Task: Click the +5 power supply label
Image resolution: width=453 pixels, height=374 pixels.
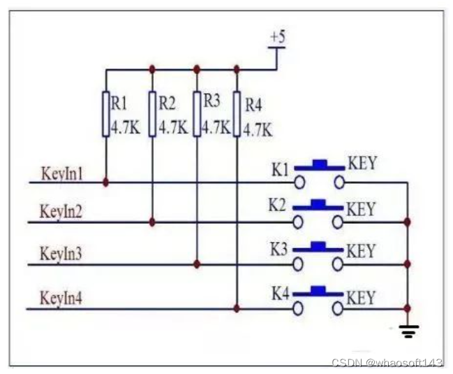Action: click(x=278, y=38)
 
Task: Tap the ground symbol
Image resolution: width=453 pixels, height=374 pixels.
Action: click(x=409, y=331)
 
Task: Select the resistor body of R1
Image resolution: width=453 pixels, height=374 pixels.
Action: click(x=106, y=114)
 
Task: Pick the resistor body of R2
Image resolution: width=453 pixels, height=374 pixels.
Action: click(x=152, y=114)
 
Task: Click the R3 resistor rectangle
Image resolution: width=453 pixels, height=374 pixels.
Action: click(x=197, y=114)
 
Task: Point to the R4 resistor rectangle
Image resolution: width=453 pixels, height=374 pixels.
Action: click(x=237, y=114)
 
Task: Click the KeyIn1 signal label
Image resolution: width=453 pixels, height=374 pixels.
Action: click(x=62, y=174)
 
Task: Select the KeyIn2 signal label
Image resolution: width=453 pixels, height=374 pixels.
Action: click(x=61, y=211)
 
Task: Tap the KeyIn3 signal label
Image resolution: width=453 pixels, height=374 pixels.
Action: click(x=61, y=254)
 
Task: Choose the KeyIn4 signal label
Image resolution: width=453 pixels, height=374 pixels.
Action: click(x=61, y=298)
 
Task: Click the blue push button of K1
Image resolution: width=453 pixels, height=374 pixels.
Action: click(x=319, y=165)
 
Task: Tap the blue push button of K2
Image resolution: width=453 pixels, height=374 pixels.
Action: click(x=318, y=205)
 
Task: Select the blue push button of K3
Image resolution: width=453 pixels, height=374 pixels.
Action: click(x=318, y=247)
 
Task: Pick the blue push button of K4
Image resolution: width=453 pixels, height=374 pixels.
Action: click(x=318, y=292)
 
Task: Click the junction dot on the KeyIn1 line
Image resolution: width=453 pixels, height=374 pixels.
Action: click(x=105, y=182)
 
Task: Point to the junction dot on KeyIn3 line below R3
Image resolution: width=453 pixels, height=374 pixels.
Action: click(x=197, y=264)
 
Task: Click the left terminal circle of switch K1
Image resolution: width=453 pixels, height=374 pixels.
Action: click(x=299, y=182)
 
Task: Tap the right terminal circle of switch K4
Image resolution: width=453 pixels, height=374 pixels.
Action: click(x=338, y=309)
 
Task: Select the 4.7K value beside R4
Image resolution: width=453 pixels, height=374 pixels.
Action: click(x=258, y=130)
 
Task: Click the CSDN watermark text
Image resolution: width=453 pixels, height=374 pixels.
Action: click(x=387, y=362)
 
